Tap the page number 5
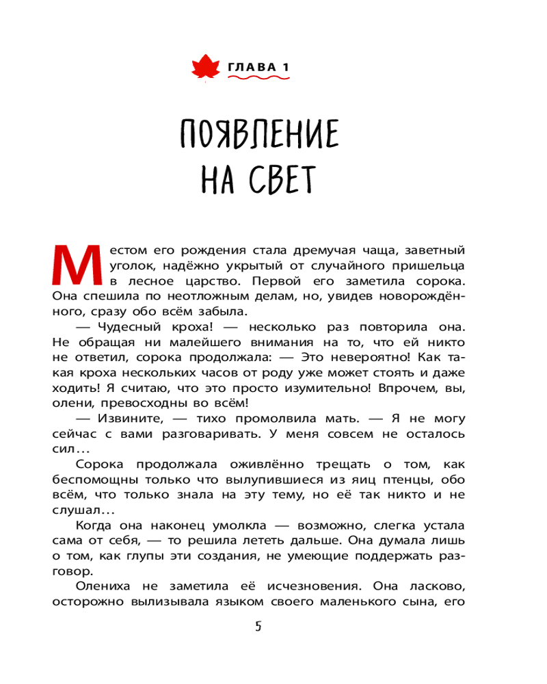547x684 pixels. point(257,627)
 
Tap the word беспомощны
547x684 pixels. point(92,480)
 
